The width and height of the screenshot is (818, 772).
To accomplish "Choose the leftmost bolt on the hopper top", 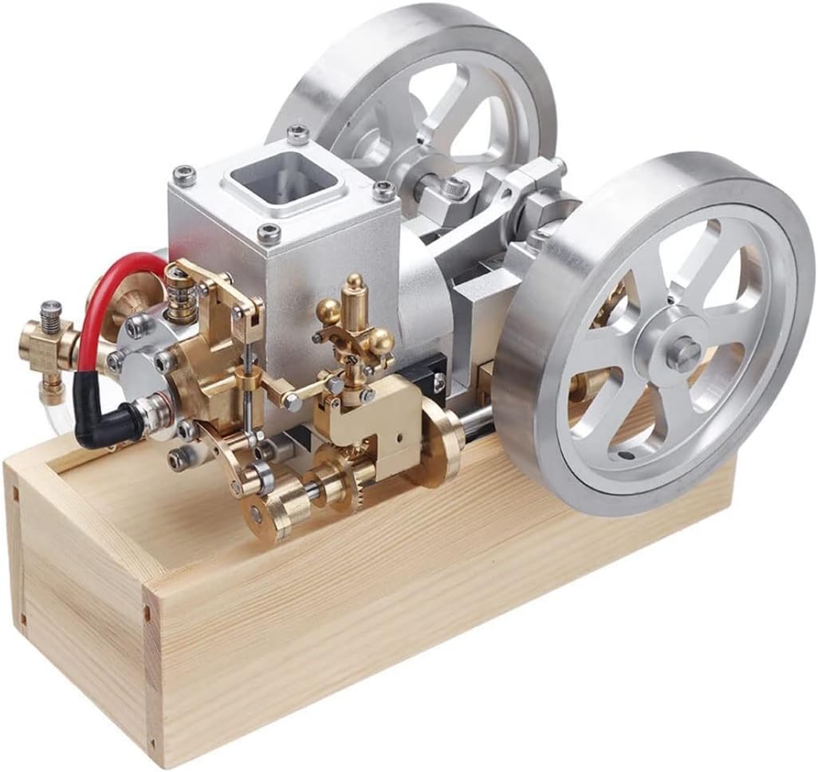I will coord(184,174).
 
